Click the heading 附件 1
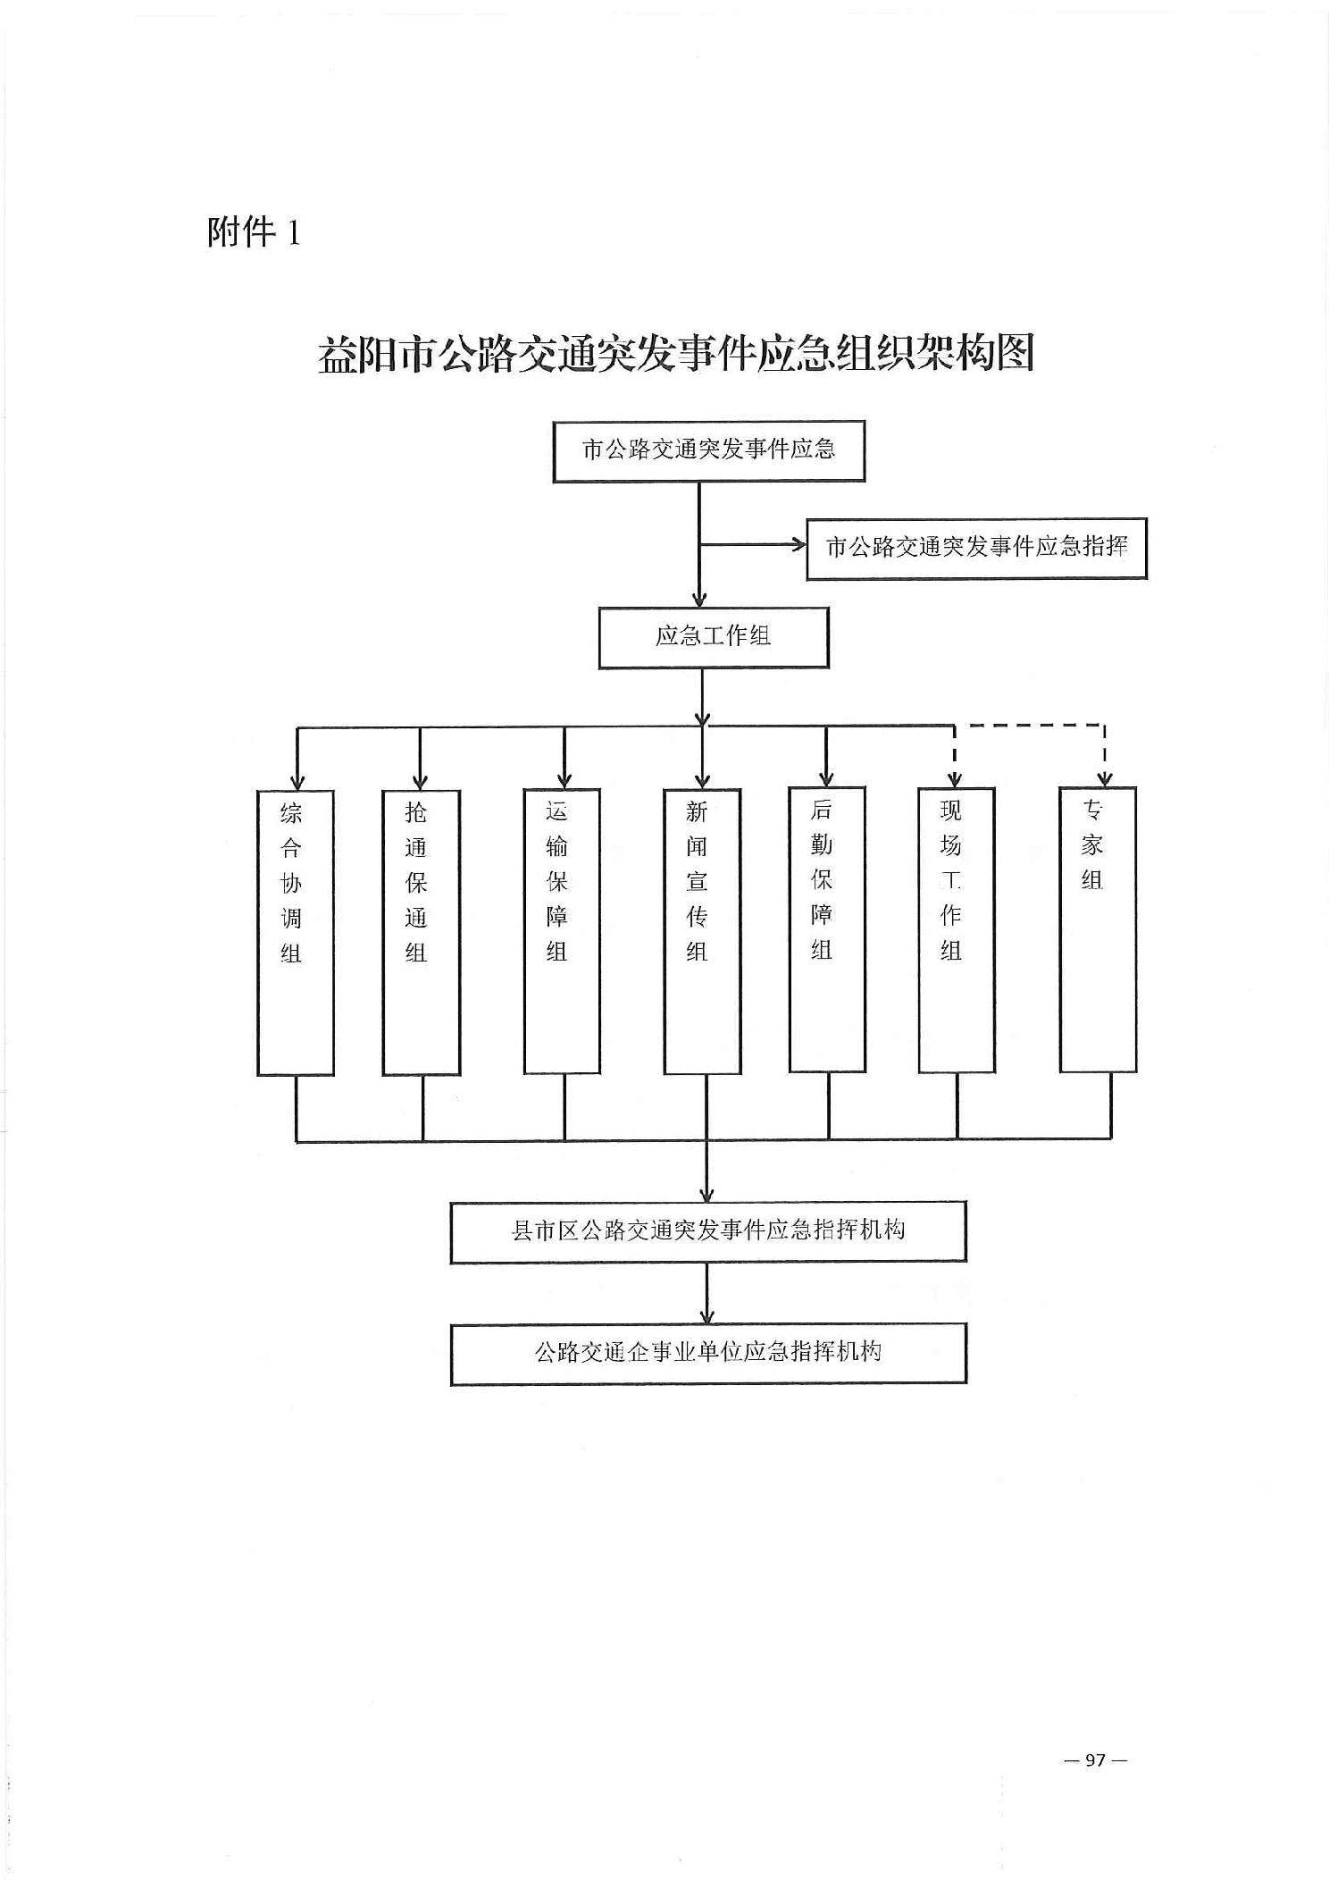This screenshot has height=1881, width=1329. pos(254,232)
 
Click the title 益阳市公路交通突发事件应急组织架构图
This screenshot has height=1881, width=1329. pos(676,354)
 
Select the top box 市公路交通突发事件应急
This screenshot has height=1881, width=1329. pos(708,451)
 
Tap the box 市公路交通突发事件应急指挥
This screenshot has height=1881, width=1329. pos(976,549)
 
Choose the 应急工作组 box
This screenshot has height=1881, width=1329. pos(713,637)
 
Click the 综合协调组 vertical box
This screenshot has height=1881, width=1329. pos(295,932)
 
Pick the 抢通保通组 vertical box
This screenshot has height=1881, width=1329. pos(421,932)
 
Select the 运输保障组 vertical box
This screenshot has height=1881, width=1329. pos(562,931)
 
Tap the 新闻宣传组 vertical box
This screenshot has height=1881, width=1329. pos(702,931)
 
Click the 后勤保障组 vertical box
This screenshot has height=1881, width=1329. pos(827,929)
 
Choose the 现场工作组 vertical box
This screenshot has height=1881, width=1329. pos(957,929)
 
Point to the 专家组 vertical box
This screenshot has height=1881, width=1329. pos(1098,929)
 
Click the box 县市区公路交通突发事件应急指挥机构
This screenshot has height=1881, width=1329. pos(708,1231)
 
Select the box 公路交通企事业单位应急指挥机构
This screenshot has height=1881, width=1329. pos(708,1353)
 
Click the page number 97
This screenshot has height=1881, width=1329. pos(1096,1760)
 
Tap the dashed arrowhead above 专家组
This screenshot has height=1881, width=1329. pos(1105,780)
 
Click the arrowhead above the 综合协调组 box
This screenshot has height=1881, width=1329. pos(297,783)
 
